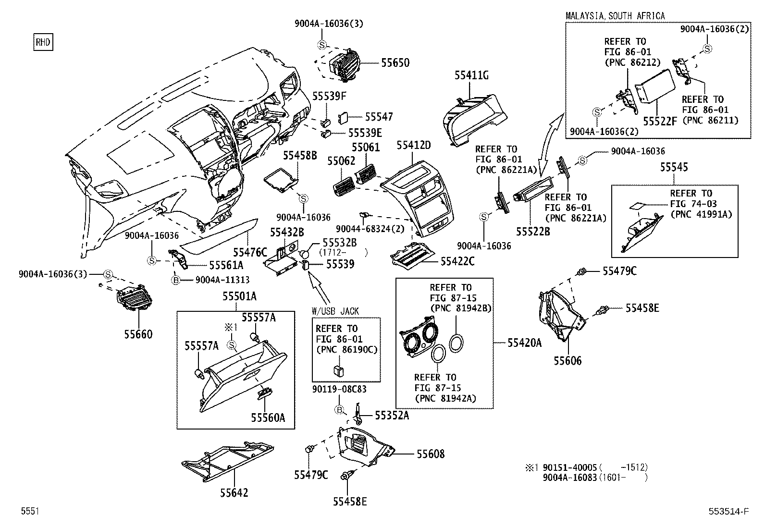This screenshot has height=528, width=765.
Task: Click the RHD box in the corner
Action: click(x=42, y=42)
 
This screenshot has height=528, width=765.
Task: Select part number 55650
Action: click(x=395, y=63)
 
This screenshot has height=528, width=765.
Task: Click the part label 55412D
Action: click(x=414, y=145)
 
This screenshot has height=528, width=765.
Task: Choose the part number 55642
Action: click(x=234, y=493)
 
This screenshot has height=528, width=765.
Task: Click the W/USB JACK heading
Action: click(x=335, y=311)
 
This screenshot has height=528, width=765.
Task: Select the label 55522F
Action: click(x=660, y=121)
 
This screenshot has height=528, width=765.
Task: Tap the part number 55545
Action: click(x=674, y=167)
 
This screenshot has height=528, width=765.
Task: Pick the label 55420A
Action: click(x=524, y=343)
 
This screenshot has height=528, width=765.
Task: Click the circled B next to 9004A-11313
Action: click(x=176, y=280)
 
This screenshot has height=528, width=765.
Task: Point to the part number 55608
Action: click(x=430, y=454)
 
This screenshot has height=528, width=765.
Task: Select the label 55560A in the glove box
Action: click(x=268, y=417)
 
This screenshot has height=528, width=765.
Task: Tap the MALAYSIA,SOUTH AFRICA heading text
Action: click(x=615, y=16)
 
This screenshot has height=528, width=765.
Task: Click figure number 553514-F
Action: click(x=728, y=512)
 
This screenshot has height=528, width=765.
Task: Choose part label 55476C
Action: click(x=250, y=252)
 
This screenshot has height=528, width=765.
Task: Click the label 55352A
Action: click(x=392, y=416)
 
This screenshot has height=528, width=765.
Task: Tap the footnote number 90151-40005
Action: click(x=569, y=467)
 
